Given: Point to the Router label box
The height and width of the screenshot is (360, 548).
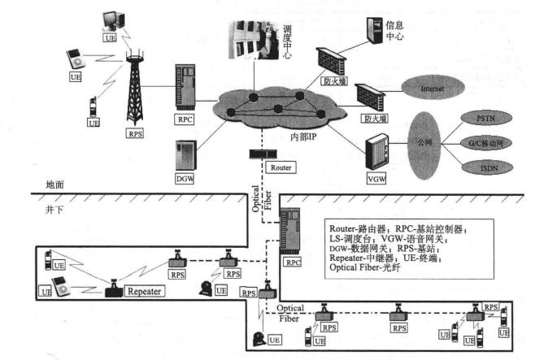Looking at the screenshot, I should coord(281,167).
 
